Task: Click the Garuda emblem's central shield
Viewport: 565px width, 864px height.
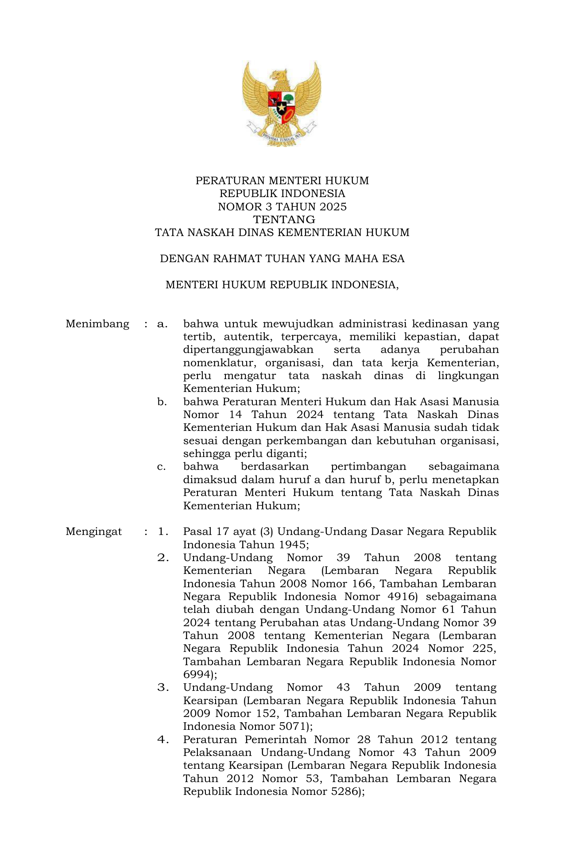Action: click(x=282, y=105)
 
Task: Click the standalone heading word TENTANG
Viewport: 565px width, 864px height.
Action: click(x=284, y=220)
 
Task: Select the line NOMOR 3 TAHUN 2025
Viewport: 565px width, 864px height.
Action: click(x=282, y=207)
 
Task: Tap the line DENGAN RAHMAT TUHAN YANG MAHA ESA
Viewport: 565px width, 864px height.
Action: click(x=282, y=259)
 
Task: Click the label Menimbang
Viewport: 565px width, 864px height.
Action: click(x=97, y=324)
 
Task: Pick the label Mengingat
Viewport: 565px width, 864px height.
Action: click(x=94, y=532)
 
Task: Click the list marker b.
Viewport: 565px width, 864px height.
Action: click(x=162, y=402)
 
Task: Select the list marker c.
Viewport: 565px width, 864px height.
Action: click(x=162, y=467)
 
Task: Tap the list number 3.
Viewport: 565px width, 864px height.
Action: click(x=163, y=688)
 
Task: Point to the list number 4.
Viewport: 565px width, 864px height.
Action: click(x=163, y=740)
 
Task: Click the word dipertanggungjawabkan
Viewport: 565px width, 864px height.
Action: click(x=248, y=350)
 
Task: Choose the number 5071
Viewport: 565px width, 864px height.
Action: click(x=292, y=727)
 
